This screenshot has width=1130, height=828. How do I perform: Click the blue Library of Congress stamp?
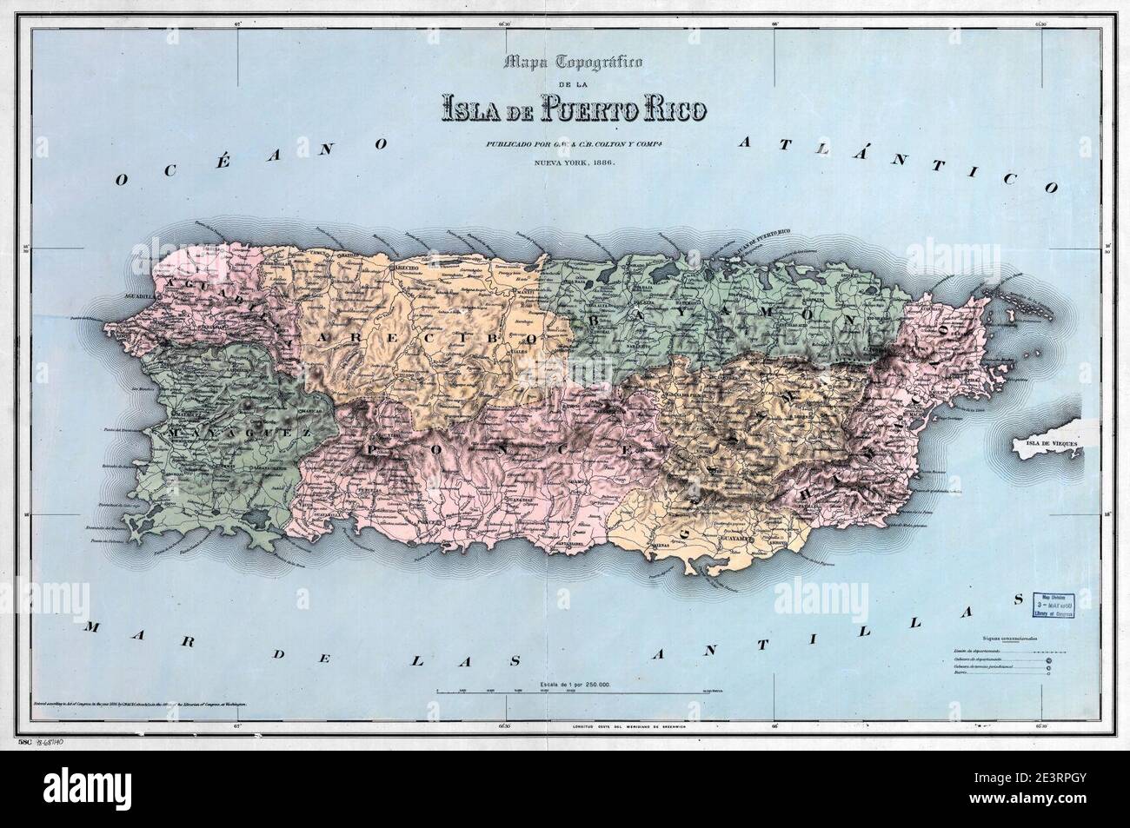[x=1052, y=605]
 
